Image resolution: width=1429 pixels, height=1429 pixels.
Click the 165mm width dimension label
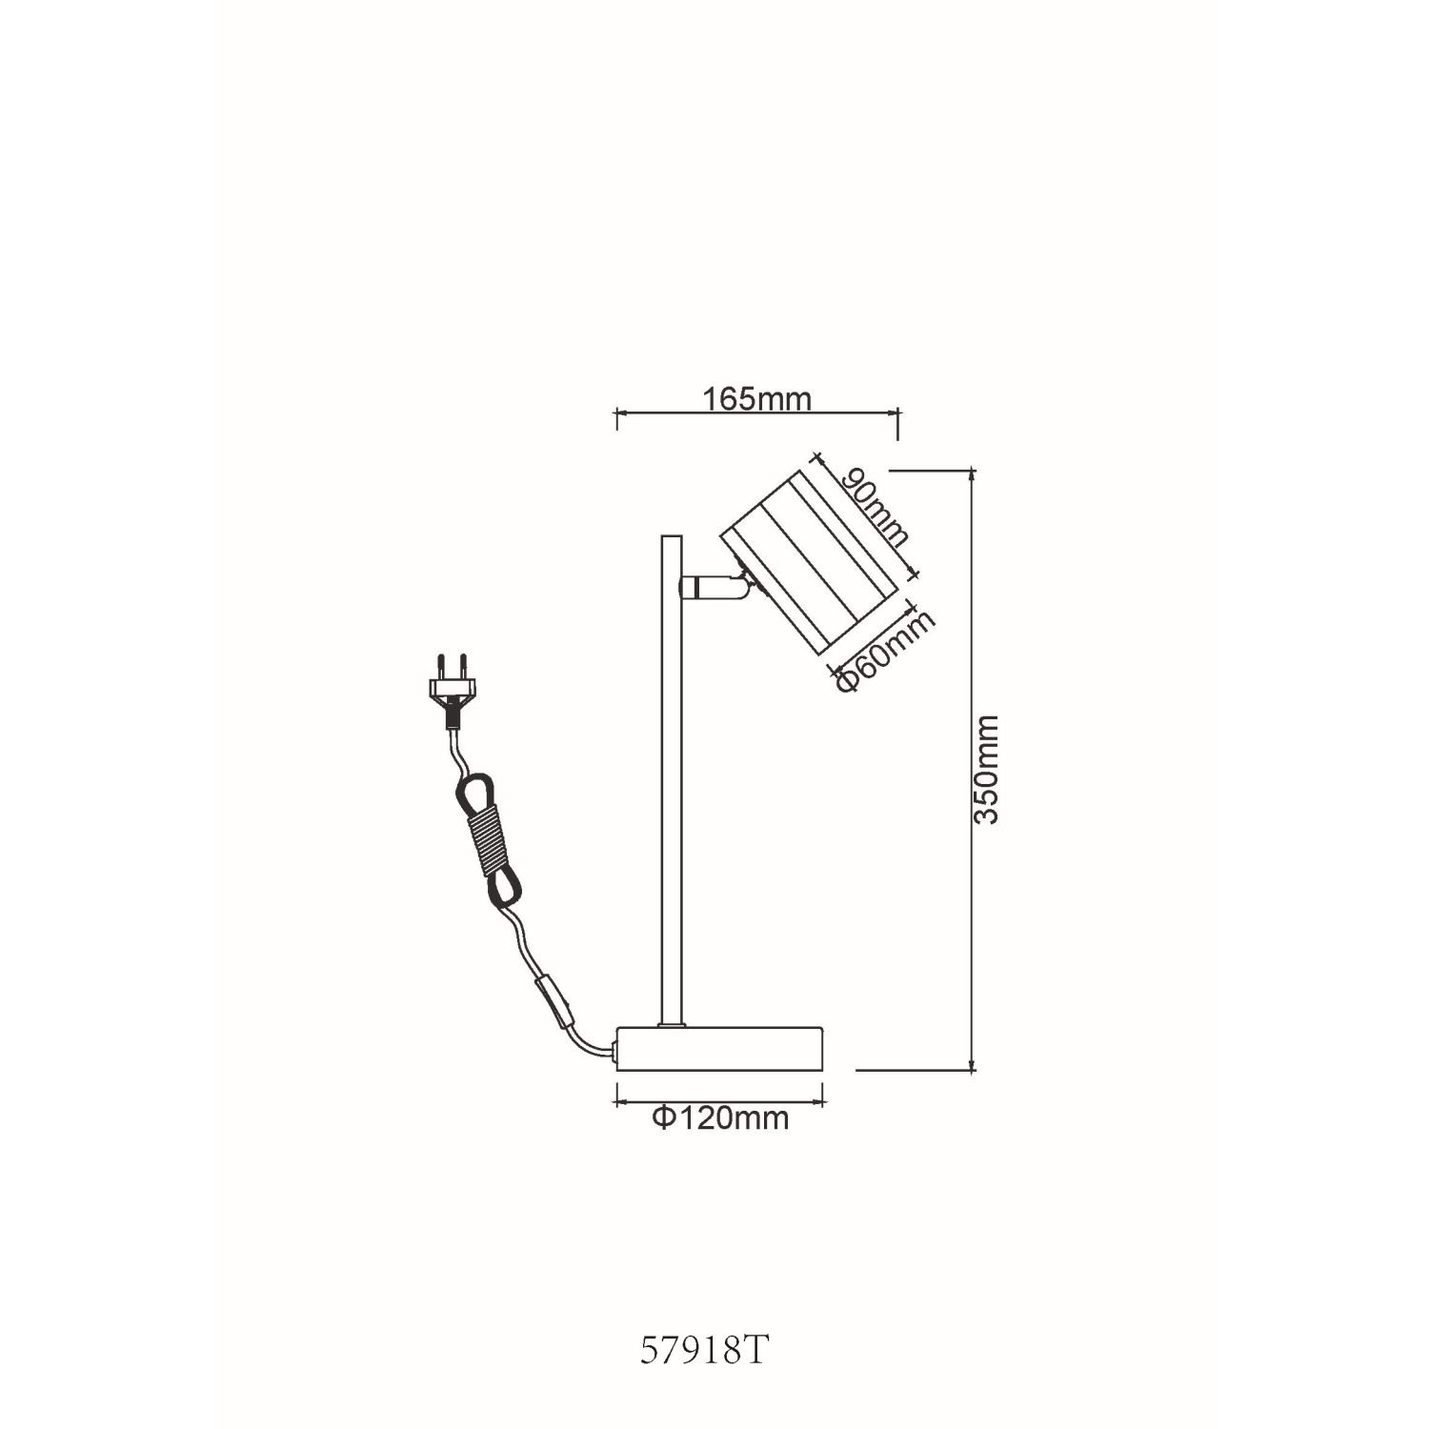757,398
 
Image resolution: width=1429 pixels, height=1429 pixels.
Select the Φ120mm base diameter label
721,1117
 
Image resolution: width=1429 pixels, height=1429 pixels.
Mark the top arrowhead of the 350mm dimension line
972,471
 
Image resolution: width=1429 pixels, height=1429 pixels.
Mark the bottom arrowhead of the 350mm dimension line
972,1070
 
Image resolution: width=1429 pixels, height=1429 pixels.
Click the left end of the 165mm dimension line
617,413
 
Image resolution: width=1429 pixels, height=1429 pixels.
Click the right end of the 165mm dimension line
897,413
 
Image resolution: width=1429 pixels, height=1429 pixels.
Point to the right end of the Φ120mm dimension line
825,1102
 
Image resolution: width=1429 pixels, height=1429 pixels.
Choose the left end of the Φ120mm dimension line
618,1102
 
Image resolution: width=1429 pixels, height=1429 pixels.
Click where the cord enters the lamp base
616,1053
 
